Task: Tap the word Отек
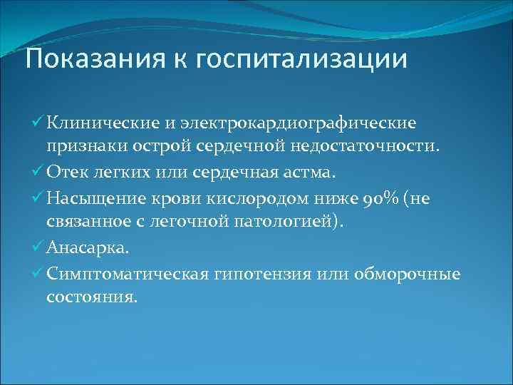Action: pyautogui.click(x=68, y=172)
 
